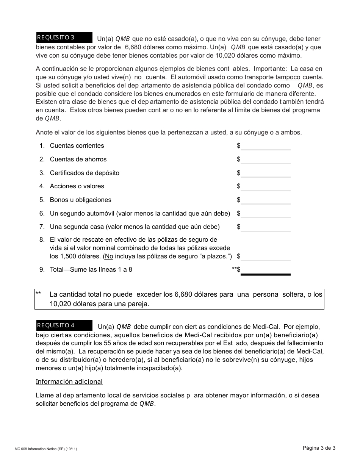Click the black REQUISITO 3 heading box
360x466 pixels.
[64, 38]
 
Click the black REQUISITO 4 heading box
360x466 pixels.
[64, 325]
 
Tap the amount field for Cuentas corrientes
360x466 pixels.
[265, 146]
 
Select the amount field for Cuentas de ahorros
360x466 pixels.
[265, 160]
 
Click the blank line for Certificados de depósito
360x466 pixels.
[265, 174]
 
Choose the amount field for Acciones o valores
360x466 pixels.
[265, 187]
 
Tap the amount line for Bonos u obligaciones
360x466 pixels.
[265, 200]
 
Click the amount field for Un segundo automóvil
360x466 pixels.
[265, 214]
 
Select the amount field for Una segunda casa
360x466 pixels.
[265, 227]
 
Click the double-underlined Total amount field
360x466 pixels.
[265, 270]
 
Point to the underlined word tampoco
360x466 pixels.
[288, 77]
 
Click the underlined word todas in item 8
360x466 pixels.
[167, 248]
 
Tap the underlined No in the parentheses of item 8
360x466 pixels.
[109, 256]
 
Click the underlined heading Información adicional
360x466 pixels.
[69, 382]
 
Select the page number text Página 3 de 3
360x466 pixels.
[319, 448]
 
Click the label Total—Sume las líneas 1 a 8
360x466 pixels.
[91, 270]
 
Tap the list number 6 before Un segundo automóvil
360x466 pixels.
[42, 214]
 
